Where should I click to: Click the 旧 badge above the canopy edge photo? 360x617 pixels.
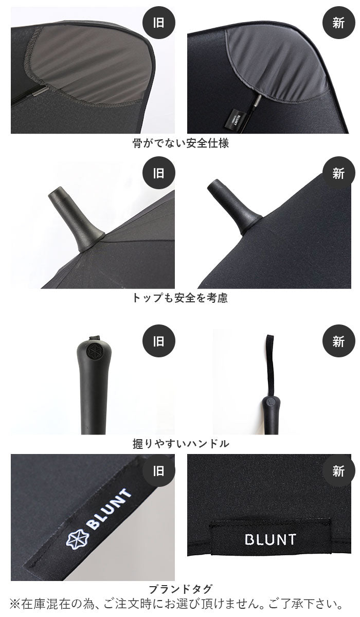tap(158, 23)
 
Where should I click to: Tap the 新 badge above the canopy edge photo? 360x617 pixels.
tap(338, 23)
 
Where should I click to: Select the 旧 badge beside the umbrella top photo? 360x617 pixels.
tap(158, 173)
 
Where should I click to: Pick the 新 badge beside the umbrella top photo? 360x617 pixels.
tap(338, 173)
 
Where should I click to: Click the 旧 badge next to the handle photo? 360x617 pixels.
tap(158, 341)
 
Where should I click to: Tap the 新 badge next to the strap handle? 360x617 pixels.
tap(338, 341)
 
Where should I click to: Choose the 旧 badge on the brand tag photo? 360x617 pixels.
tap(158, 471)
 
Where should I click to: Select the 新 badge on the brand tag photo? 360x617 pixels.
tap(338, 471)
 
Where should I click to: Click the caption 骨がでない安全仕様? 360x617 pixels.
tap(181, 143)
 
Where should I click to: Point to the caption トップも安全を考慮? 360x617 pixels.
tap(180, 298)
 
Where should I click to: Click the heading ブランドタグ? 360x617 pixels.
tap(181, 587)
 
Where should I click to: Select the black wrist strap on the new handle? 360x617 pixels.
tap(270, 366)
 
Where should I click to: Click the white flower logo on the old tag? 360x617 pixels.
tap(78, 538)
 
